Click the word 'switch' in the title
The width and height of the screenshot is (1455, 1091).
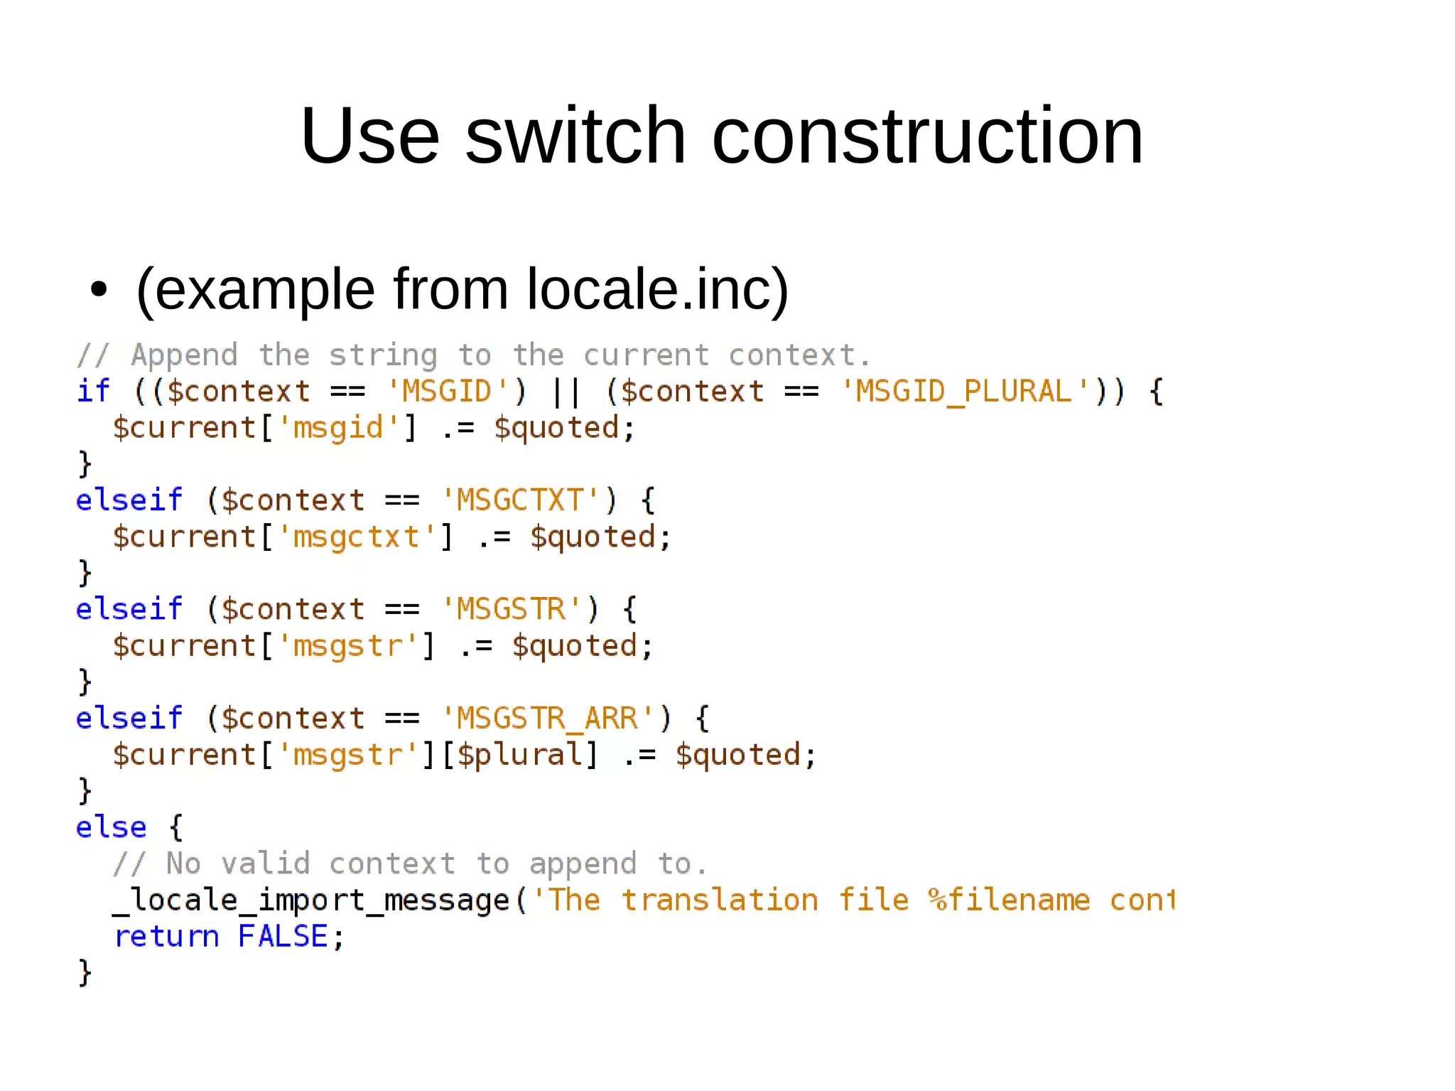[x=575, y=135]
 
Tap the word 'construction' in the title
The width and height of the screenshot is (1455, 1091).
[x=927, y=135]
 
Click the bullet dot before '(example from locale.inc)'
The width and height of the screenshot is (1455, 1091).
[x=99, y=290]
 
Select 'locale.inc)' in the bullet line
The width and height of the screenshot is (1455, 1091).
[x=657, y=289]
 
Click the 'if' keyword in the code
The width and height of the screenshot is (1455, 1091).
[x=93, y=391]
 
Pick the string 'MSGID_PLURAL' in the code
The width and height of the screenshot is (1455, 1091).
[x=963, y=392]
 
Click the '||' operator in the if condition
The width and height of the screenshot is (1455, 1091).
[x=566, y=392]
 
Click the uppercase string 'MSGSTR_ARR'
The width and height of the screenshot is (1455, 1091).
[x=547, y=719]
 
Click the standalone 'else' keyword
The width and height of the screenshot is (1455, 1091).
[x=111, y=827]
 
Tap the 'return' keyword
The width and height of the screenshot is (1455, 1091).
[x=166, y=937]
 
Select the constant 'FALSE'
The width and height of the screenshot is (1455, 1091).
[x=283, y=937]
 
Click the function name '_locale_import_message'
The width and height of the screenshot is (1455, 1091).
[x=311, y=901]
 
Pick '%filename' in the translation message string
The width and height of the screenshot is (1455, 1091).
[x=1009, y=901]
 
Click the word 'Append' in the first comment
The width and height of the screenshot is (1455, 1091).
[x=184, y=355]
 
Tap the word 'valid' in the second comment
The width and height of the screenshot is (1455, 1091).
[x=265, y=864]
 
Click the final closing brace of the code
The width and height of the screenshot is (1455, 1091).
[x=85, y=973]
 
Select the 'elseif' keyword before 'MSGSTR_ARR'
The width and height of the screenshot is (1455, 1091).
[x=129, y=719]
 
